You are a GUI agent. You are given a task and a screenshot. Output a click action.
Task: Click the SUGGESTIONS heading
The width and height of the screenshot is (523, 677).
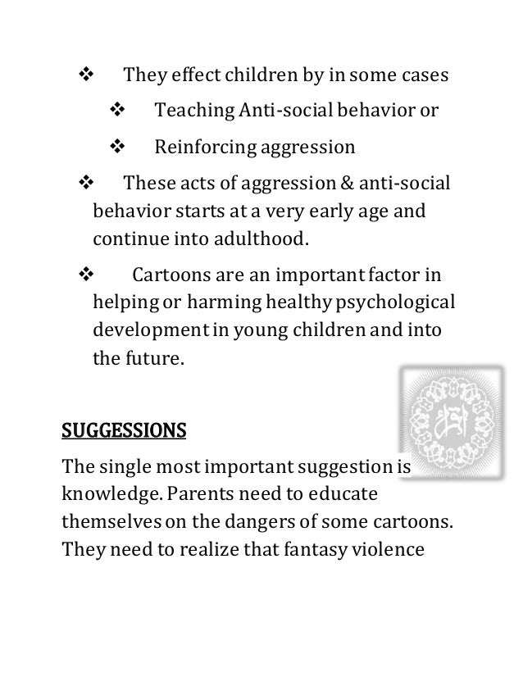tap(124, 430)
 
